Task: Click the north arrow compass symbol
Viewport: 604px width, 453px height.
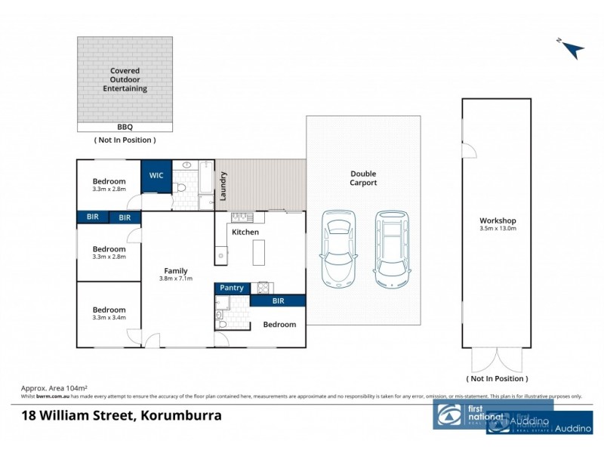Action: point(572,48)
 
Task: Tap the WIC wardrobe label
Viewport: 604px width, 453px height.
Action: point(156,175)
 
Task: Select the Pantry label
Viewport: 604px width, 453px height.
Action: point(231,288)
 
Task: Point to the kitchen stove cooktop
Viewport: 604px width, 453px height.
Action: point(264,287)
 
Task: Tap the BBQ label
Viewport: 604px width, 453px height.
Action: point(125,128)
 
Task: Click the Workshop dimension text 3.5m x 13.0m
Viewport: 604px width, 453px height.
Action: point(498,229)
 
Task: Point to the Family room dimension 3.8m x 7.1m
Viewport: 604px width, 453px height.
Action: point(176,279)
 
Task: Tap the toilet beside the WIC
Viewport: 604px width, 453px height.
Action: point(179,186)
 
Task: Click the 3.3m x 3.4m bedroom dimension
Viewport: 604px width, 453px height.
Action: point(109,317)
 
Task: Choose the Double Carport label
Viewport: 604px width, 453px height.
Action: point(363,177)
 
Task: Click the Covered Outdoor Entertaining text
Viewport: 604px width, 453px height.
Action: point(125,81)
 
